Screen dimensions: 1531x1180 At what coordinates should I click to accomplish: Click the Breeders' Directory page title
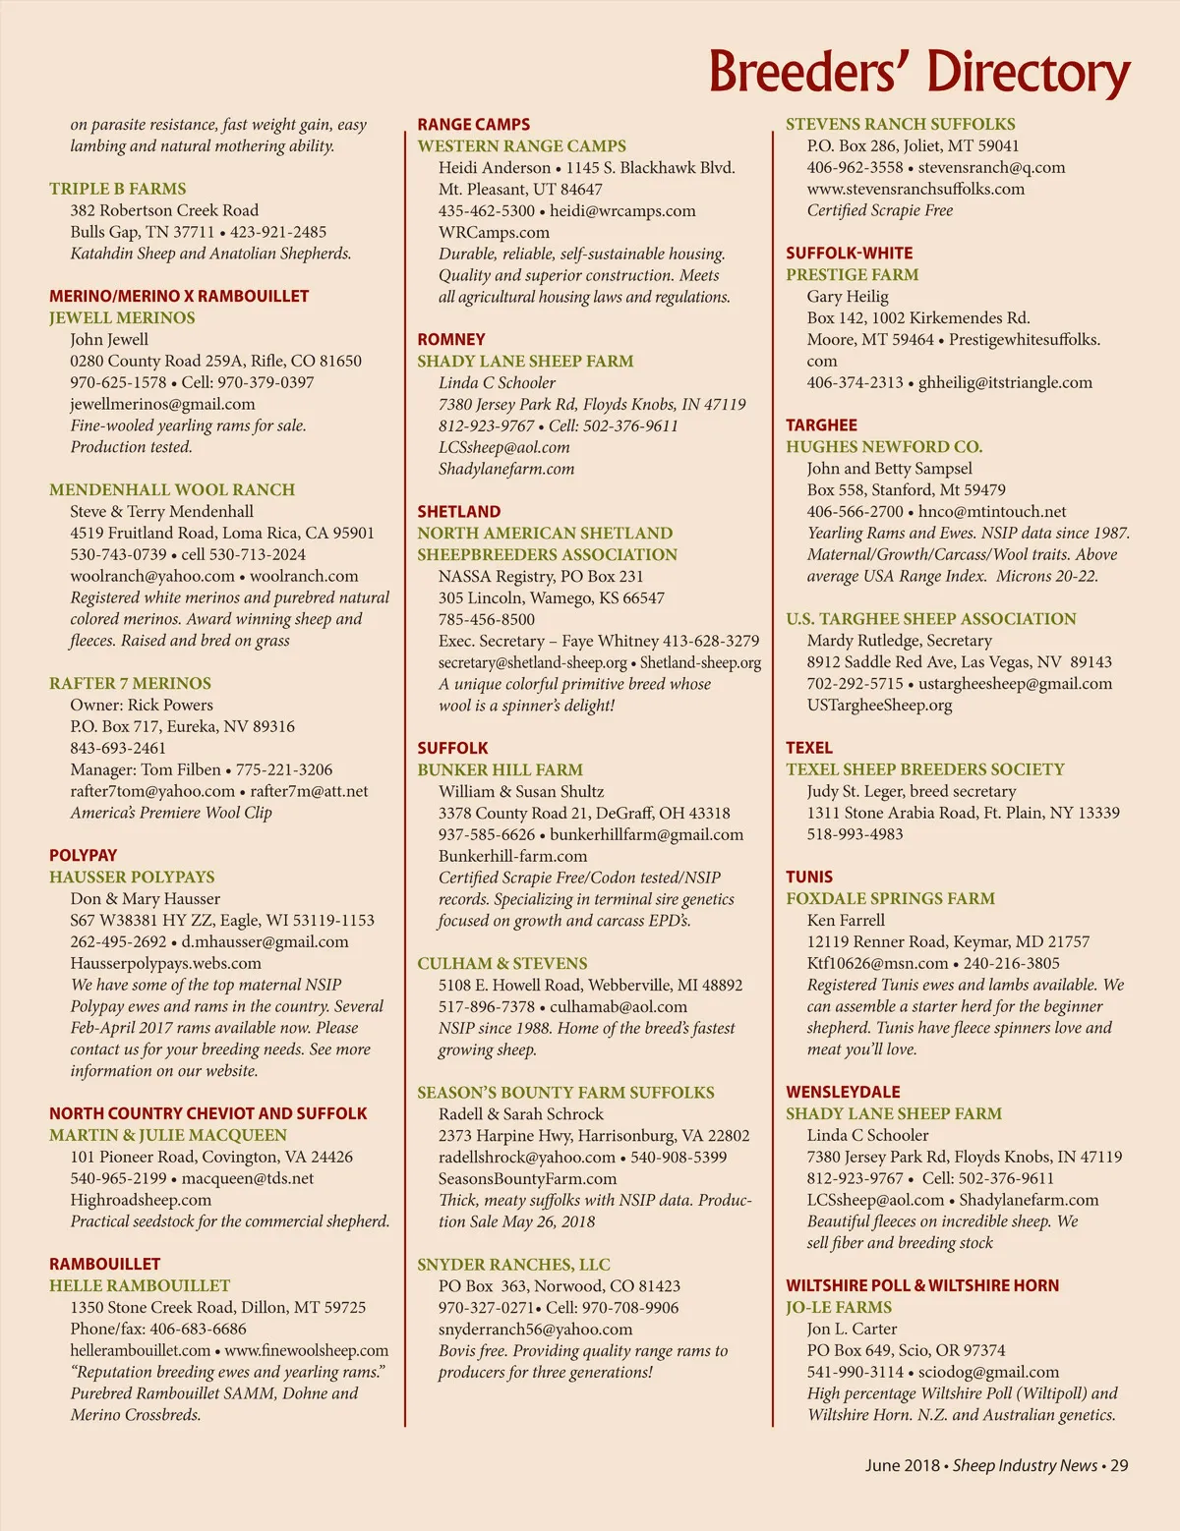click(x=918, y=72)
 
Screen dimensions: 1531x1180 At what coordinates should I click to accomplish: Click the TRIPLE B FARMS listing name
click(x=118, y=189)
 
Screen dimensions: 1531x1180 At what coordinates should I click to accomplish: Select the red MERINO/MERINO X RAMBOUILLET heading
click(x=179, y=296)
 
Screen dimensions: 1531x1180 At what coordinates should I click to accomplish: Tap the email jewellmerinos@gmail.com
click(x=162, y=404)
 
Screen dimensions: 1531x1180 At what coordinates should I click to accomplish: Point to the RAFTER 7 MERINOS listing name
click(x=130, y=683)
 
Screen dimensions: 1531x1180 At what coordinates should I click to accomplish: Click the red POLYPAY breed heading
click(x=84, y=855)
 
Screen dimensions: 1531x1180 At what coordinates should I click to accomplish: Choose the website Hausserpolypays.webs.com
click(x=165, y=963)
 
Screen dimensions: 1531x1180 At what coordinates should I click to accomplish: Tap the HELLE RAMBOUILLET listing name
click(x=140, y=1285)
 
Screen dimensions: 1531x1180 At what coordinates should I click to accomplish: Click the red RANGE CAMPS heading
click(x=473, y=125)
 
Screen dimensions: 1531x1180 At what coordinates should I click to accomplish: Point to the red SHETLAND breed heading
click(x=458, y=512)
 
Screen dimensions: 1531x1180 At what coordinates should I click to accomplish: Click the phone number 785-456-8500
click(x=487, y=619)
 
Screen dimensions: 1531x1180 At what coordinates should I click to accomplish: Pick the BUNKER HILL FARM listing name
click(x=500, y=769)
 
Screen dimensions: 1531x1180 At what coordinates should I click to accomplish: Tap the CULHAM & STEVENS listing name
click(x=501, y=963)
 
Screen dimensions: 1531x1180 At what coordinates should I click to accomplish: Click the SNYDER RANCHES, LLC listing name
click(x=513, y=1265)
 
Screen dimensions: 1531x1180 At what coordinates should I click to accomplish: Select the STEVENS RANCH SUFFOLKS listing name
click(x=900, y=125)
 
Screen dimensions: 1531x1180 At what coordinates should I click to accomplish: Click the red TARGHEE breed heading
click(x=821, y=425)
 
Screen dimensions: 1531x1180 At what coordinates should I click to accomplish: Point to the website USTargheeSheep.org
click(x=879, y=705)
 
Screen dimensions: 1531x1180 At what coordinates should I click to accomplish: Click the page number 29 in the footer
click(x=1119, y=1465)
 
